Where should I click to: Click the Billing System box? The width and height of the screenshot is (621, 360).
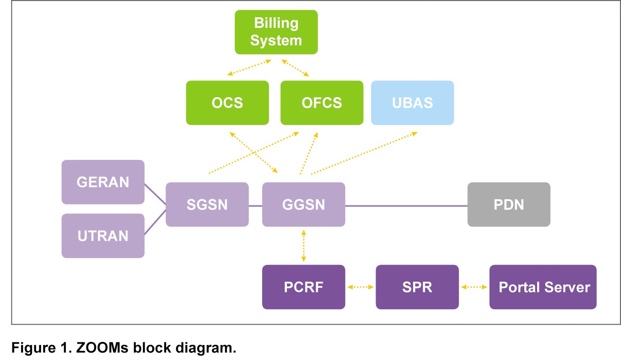tap(276, 32)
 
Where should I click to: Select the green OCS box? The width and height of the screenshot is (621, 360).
tap(227, 102)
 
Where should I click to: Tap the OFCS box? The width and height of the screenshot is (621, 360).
tap(322, 102)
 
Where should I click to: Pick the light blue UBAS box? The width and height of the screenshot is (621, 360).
tap(413, 102)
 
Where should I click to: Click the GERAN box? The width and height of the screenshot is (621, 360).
tap(103, 182)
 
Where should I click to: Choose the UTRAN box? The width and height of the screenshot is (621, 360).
tap(103, 236)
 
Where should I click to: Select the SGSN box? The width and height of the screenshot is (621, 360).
tap(207, 205)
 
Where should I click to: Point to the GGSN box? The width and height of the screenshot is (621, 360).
tap(304, 205)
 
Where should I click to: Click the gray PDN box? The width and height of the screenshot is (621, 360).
tap(509, 205)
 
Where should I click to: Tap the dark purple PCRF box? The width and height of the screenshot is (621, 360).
tap(304, 287)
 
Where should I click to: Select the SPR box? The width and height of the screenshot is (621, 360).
tap(417, 287)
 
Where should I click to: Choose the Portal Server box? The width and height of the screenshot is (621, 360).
tap(543, 287)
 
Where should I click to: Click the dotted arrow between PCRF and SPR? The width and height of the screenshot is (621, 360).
tap(361, 287)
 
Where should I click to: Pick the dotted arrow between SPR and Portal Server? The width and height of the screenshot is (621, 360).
tap(474, 287)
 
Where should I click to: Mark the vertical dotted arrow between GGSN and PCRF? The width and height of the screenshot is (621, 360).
tap(304, 246)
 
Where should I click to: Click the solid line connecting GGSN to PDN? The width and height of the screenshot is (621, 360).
tap(406, 206)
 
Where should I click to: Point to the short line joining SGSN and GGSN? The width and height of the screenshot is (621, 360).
tap(256, 206)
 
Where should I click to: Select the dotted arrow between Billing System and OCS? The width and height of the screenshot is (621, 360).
tap(249, 68)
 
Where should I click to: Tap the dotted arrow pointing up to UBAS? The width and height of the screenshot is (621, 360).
tap(364, 153)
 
